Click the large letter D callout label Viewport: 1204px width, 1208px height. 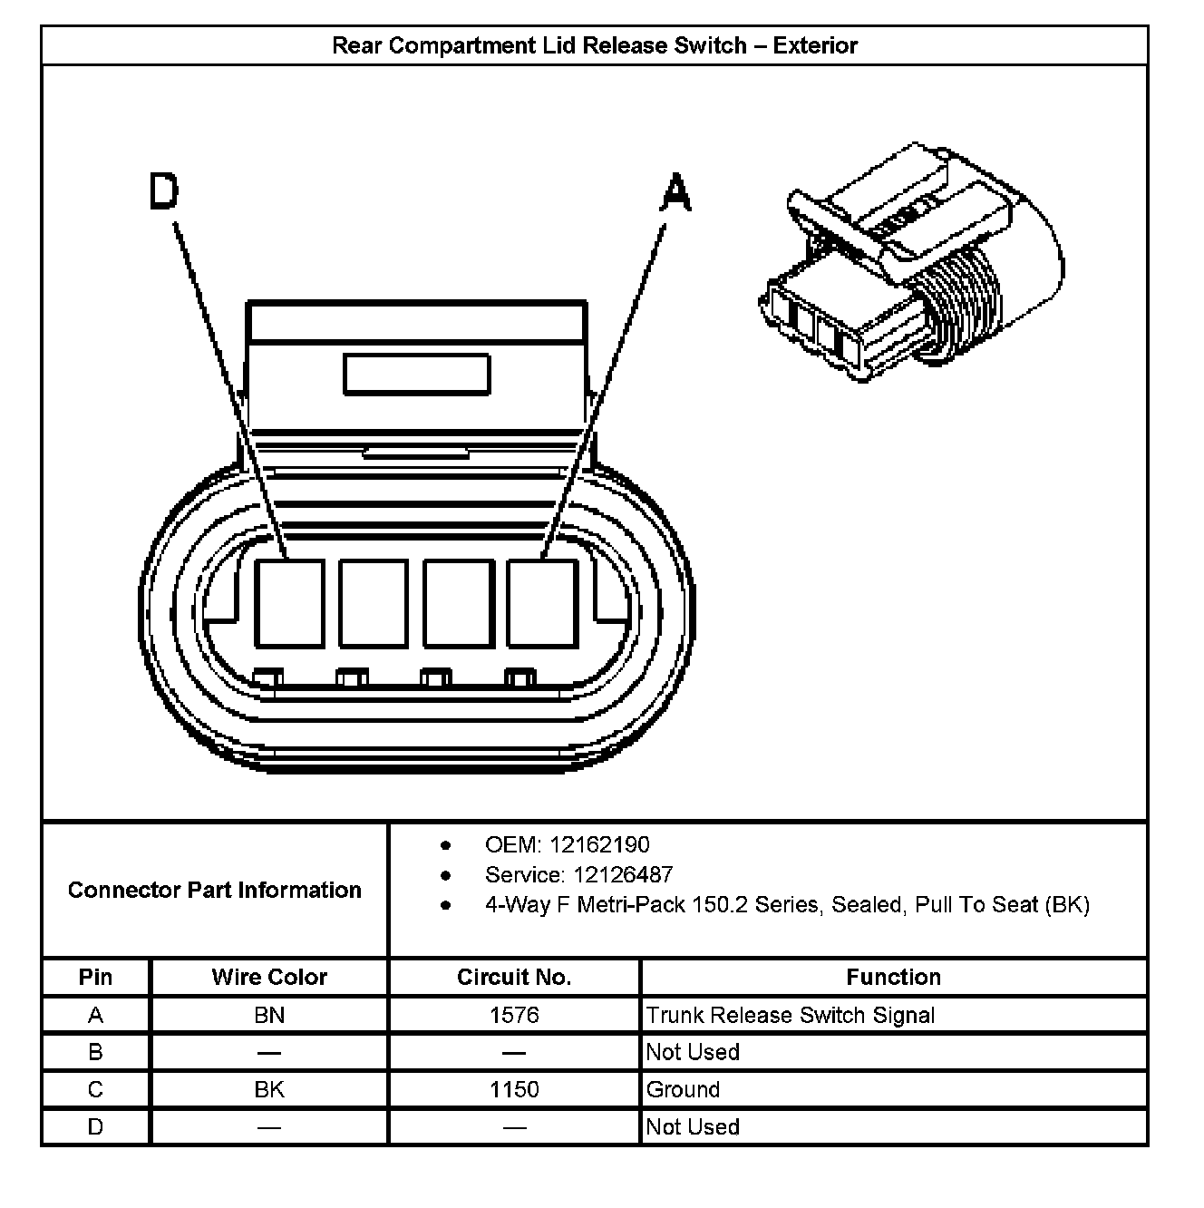(x=164, y=191)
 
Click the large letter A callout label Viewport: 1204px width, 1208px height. (x=675, y=193)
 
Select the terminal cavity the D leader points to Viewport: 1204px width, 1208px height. (x=289, y=603)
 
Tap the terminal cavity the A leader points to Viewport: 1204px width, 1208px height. (x=542, y=603)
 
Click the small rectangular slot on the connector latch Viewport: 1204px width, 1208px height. (x=416, y=375)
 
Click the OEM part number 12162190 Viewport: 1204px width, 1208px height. (x=599, y=845)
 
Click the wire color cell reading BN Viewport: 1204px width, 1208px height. (x=269, y=1015)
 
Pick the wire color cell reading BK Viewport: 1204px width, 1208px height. (x=269, y=1089)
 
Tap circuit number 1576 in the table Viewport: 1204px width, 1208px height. (x=514, y=1015)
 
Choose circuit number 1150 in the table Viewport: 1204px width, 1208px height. (x=514, y=1089)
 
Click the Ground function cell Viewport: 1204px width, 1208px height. (x=684, y=1089)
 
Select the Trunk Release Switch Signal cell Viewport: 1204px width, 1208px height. (x=790, y=1015)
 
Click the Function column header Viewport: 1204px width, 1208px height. (x=893, y=977)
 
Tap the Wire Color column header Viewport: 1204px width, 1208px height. (x=269, y=977)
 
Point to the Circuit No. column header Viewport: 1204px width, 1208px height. (x=514, y=977)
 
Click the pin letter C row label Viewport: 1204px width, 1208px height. (x=95, y=1089)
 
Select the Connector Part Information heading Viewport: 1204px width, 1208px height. (x=215, y=890)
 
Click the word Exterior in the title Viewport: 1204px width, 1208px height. (x=815, y=45)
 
